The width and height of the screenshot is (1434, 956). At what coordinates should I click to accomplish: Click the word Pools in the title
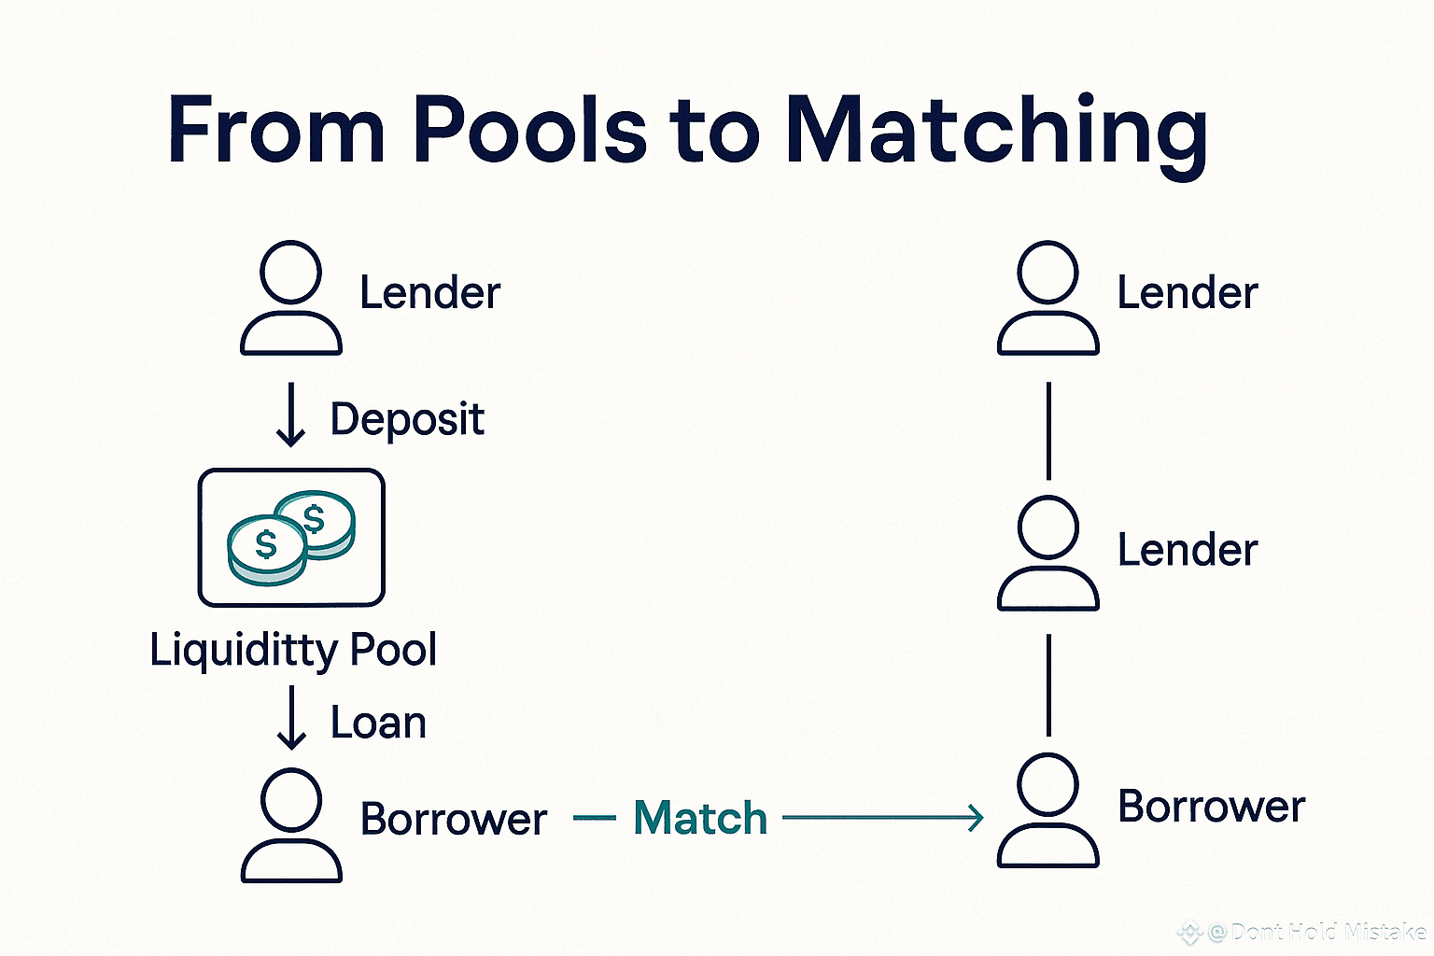(528, 131)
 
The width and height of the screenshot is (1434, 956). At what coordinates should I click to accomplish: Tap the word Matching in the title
(996, 134)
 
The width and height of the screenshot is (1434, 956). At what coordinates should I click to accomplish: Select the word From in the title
(276, 131)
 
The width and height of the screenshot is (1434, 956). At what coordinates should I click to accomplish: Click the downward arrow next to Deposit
(291, 416)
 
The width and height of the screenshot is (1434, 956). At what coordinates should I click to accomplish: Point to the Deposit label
(407, 419)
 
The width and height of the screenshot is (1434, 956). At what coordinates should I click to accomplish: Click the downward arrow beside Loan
(292, 717)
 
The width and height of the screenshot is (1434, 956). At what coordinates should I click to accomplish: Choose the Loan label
(378, 723)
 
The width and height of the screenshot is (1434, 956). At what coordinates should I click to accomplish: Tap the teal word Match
(700, 818)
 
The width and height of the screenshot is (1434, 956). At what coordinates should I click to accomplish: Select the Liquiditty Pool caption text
(293, 650)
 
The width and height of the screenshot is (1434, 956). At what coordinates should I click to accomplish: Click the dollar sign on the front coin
(266, 544)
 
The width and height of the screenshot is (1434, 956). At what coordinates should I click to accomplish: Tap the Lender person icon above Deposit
(291, 298)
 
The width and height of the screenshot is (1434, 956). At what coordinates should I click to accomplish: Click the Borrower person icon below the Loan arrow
(291, 824)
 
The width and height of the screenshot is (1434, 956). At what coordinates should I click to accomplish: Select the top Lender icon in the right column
(1047, 298)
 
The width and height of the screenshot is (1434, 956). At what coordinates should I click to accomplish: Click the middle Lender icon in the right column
(1047, 554)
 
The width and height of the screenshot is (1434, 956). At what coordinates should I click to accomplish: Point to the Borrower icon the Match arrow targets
(1047, 810)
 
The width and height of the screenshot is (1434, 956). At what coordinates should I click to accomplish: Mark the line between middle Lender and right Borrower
(1048, 684)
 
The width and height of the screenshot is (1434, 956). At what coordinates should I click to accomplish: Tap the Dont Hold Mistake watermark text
(1316, 932)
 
